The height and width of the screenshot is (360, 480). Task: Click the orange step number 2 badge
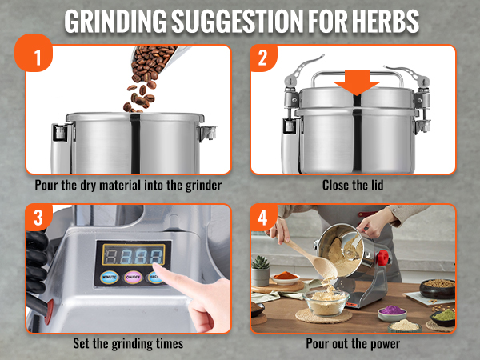(262, 59)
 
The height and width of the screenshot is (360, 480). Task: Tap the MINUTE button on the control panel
(109, 279)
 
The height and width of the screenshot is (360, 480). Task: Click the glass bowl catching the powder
(328, 303)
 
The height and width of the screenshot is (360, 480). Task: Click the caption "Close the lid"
(353, 186)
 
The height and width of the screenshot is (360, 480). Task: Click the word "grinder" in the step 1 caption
(201, 186)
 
